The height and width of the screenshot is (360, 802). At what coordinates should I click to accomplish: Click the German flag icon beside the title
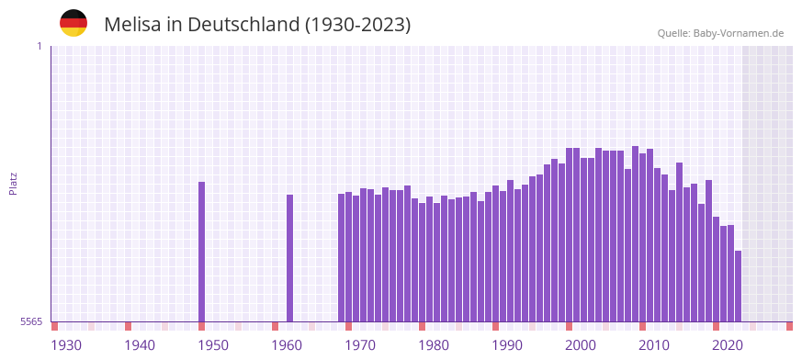point(73,23)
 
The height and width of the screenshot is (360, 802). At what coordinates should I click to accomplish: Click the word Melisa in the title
point(132,24)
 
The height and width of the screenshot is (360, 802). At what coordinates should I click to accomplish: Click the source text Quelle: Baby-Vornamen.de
point(720,33)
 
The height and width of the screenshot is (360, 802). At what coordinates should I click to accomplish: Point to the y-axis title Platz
point(13,183)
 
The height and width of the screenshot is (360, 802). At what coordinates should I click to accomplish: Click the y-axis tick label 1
point(39,46)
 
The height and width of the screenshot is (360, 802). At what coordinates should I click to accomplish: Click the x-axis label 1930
point(66,345)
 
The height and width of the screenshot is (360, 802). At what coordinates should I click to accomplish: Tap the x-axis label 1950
point(213,345)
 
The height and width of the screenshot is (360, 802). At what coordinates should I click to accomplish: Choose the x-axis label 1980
point(434,345)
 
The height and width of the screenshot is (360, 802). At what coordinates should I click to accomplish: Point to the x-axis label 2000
point(581,345)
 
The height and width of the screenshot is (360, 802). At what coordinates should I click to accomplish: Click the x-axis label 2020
point(728,345)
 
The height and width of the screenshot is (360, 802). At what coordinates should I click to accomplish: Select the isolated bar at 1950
point(202,252)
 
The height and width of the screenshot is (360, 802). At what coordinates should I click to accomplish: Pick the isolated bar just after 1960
point(290,258)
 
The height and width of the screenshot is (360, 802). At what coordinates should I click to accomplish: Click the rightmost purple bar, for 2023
point(738,286)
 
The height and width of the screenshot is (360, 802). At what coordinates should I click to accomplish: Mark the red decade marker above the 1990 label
point(495,326)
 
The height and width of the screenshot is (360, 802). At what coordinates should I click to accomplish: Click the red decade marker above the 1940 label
point(128,326)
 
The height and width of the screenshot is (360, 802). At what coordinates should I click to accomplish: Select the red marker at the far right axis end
point(789,326)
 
